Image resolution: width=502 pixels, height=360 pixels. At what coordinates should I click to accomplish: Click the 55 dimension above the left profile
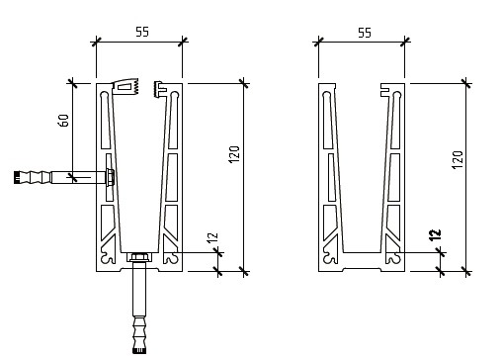point(142,32)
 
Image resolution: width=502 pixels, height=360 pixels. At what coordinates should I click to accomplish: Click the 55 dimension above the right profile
point(365,33)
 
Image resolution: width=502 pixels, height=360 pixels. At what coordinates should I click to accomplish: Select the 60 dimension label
point(63,121)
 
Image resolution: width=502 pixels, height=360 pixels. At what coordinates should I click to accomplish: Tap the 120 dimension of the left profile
point(234,154)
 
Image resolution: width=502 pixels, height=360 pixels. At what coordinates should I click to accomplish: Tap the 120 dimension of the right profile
point(458,160)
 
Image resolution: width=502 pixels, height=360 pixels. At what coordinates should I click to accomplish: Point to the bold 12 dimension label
point(435,235)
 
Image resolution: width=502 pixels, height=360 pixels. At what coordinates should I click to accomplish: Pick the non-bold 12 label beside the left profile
point(212,237)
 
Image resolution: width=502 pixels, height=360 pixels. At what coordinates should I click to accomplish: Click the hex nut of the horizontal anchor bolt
point(110,177)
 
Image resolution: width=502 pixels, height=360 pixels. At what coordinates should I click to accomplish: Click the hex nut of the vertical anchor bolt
point(140,257)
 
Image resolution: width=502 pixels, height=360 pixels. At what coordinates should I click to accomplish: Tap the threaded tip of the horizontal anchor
point(16,177)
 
